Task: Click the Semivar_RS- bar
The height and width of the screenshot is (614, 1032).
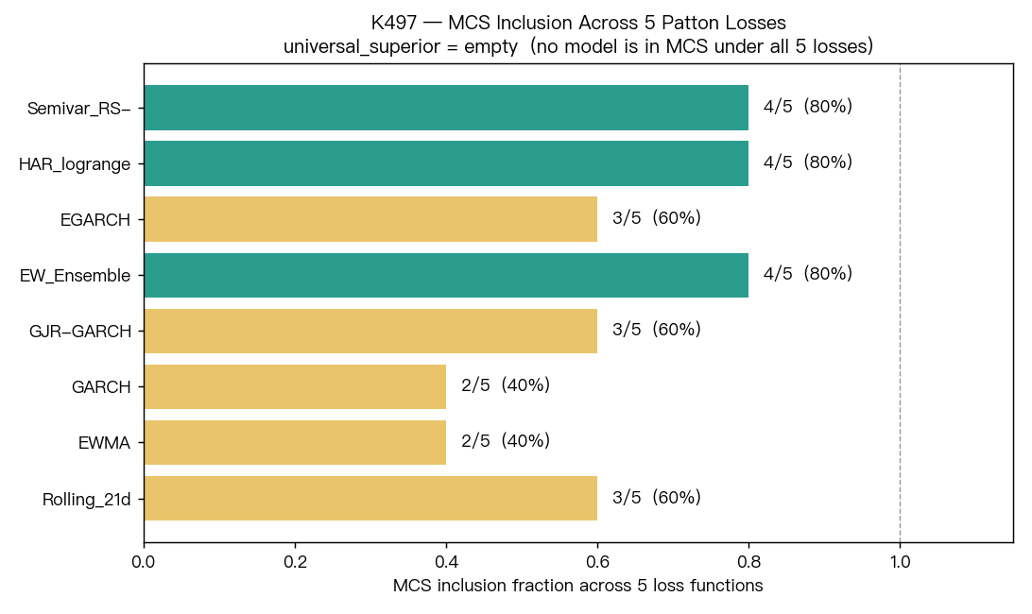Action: (446, 108)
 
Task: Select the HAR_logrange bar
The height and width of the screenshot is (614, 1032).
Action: (446, 163)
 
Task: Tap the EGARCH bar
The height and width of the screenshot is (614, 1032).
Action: (370, 219)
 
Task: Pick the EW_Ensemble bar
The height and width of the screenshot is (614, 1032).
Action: (446, 275)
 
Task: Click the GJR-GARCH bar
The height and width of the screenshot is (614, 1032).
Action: (370, 331)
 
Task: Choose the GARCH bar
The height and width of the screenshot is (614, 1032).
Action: (295, 387)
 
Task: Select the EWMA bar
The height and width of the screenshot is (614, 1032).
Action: (295, 442)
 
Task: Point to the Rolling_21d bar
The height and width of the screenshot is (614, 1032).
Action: (370, 498)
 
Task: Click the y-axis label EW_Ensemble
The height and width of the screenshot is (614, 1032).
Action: (75, 276)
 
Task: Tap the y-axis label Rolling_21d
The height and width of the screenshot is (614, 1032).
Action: (86, 500)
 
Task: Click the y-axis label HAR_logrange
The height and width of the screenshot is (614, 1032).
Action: (75, 164)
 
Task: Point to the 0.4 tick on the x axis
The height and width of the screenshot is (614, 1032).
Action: (446, 562)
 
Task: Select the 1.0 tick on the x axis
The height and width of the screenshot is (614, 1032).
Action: (900, 562)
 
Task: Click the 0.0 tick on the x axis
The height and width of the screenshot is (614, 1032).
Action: (145, 562)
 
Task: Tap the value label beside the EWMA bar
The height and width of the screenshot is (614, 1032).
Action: (506, 441)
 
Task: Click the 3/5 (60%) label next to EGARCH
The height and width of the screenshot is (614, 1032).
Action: (657, 218)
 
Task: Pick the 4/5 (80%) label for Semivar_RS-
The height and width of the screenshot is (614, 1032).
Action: (808, 106)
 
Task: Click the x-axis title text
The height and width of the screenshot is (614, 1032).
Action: (577, 586)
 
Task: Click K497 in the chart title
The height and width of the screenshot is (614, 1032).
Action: (393, 23)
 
